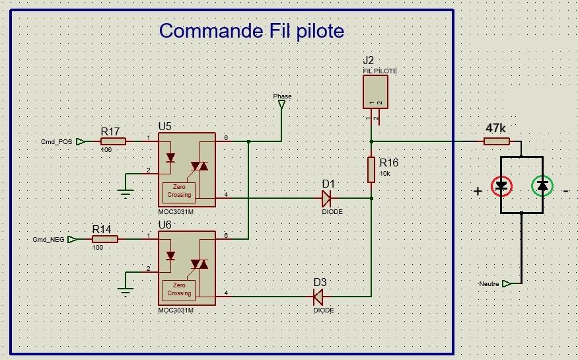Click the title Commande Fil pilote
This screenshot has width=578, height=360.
point(252,31)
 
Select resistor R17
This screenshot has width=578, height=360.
point(113,141)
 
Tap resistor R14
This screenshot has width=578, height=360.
point(104,239)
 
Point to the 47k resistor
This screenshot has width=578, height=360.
point(496,141)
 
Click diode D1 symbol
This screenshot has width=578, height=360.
point(326,198)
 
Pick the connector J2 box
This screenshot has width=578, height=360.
point(375,92)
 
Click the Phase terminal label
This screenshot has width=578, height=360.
point(282,96)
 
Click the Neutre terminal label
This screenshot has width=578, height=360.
point(489,283)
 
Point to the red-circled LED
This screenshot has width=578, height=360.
point(501,186)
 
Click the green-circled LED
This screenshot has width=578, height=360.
point(542,186)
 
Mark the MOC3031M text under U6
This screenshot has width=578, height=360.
point(176,310)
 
